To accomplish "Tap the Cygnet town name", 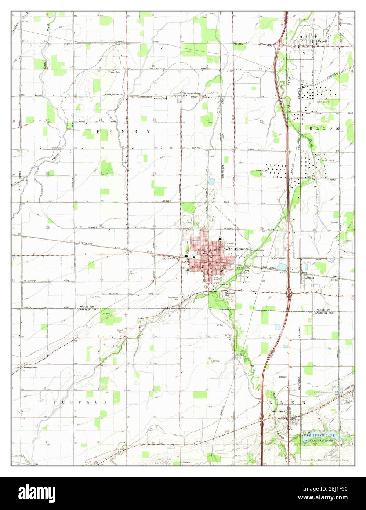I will pos(323,41).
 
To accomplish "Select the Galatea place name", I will pos(309,278).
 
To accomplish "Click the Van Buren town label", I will pos(278,411).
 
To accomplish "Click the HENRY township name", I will pos(123,131).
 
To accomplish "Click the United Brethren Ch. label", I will pos(115,94).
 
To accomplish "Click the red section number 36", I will pos(264,281).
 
